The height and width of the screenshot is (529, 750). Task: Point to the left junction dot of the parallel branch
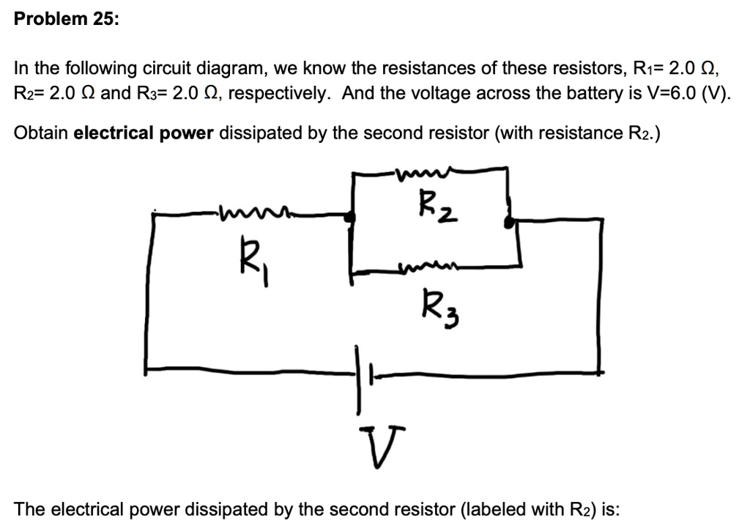[352, 217]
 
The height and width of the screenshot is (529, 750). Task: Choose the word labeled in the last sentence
[481, 508]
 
